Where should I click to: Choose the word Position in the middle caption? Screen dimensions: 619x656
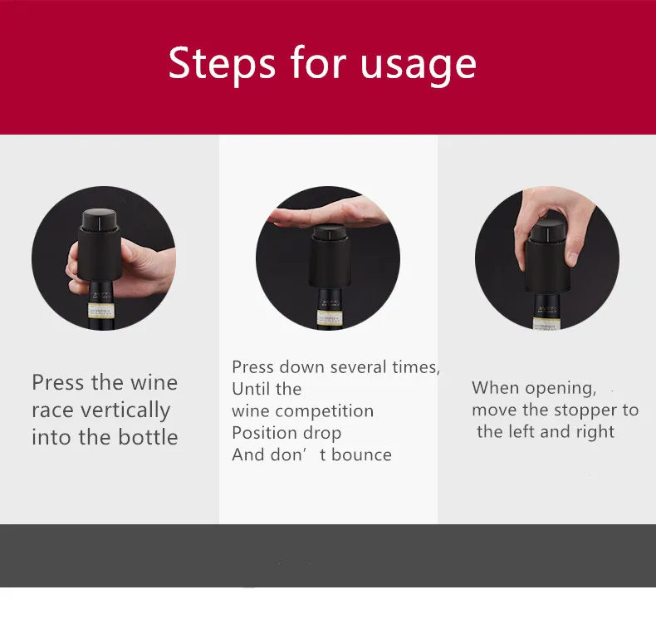(264, 433)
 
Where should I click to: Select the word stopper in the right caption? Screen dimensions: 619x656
(584, 410)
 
